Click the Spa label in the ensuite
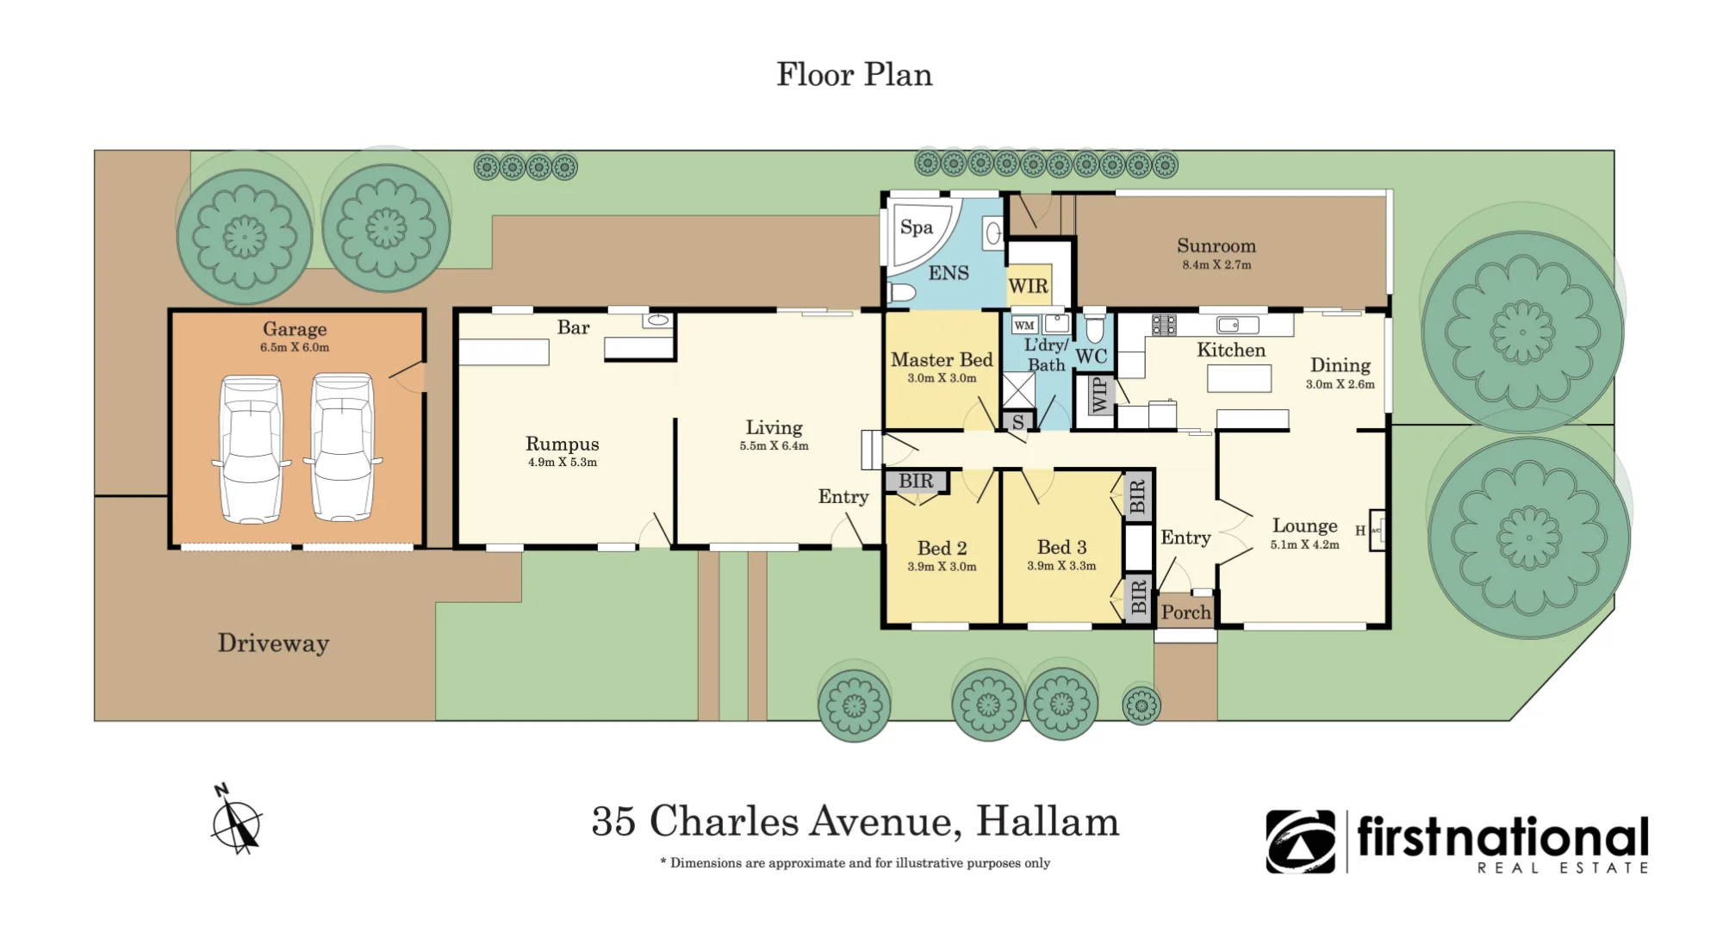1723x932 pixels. pyautogui.click(x=917, y=227)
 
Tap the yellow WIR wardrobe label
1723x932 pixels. pyautogui.click(x=1029, y=286)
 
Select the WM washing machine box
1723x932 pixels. pyautogui.click(x=1024, y=326)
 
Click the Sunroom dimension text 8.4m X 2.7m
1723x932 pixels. pyautogui.click(x=1216, y=265)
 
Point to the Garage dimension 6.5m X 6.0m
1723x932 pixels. pyautogui.click(x=295, y=348)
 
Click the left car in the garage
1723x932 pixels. pyautogui.click(x=251, y=449)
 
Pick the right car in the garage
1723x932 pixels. pyautogui.click(x=343, y=447)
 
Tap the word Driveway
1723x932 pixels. pyautogui.click(x=273, y=643)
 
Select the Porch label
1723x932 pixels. pyautogui.click(x=1186, y=612)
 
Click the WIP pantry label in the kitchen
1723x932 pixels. pyautogui.click(x=1099, y=395)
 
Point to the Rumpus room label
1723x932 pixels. pyautogui.click(x=563, y=444)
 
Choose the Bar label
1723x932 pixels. pyautogui.click(x=573, y=327)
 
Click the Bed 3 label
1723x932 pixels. pyautogui.click(x=1061, y=547)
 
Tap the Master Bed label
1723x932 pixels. pyautogui.click(x=942, y=360)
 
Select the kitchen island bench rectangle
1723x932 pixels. pyautogui.click(x=1239, y=379)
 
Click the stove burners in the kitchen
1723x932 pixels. pyautogui.click(x=1164, y=325)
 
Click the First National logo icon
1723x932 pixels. pyautogui.click(x=1300, y=842)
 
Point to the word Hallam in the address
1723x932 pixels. pyautogui.click(x=1048, y=821)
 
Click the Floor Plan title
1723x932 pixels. pyautogui.click(x=855, y=74)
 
